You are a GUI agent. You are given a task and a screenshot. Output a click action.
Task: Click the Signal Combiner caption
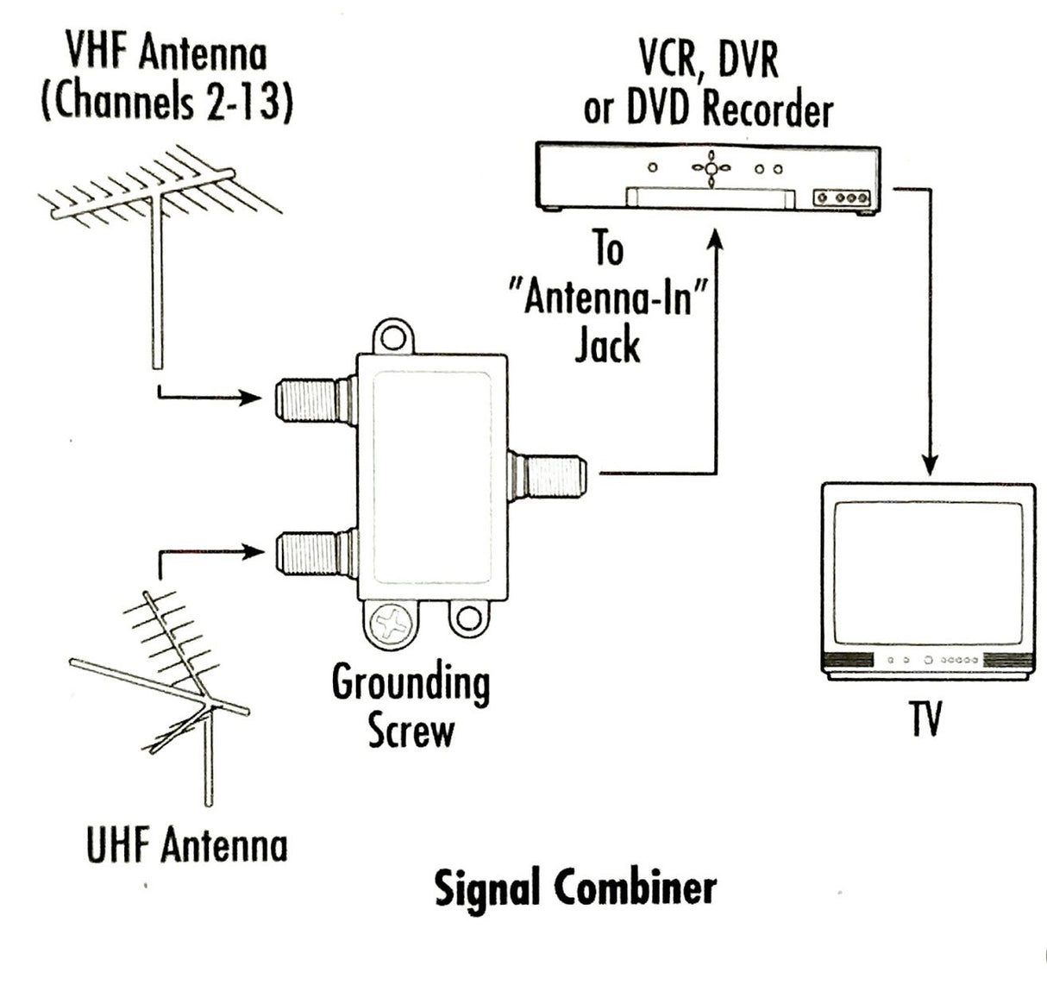click(574, 888)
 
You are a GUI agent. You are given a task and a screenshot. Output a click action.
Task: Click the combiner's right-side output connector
click(552, 474)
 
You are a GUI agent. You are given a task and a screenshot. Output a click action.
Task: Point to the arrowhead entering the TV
click(930, 463)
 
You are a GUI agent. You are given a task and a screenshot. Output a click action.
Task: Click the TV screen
click(926, 572)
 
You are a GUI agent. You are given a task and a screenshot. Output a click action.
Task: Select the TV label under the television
click(926, 718)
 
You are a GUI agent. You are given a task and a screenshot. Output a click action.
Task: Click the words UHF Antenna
click(186, 844)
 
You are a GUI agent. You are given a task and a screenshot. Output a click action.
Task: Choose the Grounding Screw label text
click(411, 706)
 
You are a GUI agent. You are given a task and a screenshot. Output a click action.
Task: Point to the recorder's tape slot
click(711, 198)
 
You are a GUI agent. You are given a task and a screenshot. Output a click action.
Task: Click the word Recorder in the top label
click(768, 110)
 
